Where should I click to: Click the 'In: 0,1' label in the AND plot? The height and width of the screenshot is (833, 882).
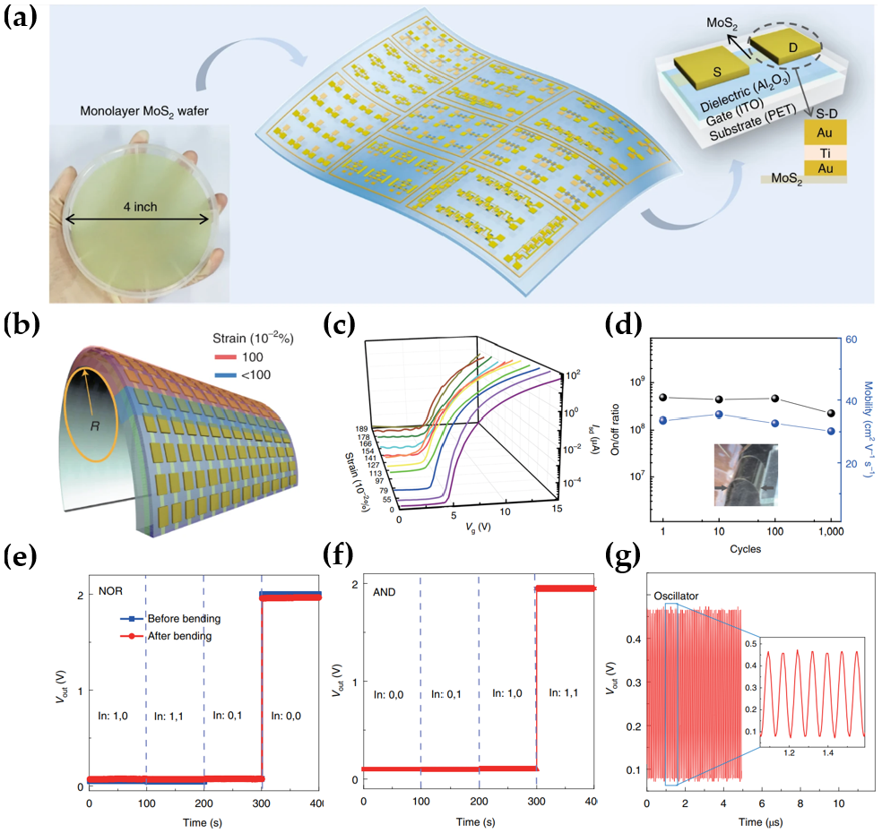tap(449, 693)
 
